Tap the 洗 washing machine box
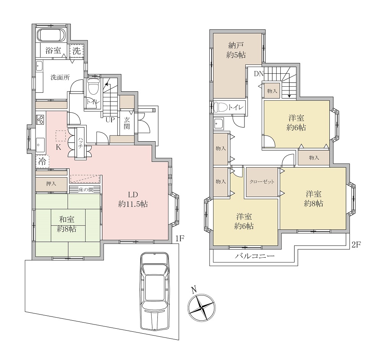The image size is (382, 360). [76, 51]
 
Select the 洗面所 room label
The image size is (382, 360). [60, 77]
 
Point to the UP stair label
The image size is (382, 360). [110, 120]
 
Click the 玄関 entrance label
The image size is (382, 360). [127, 123]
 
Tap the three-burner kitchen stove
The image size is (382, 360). [40, 119]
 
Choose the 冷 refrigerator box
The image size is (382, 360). [42, 161]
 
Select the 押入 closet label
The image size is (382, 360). [51, 184]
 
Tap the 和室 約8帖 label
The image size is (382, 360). [66, 224]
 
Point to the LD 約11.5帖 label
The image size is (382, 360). [133, 199]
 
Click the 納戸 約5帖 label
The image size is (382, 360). [236, 50]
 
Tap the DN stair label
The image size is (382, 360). [259, 74]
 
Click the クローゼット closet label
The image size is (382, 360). [262, 182]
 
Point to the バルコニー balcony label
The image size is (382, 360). [255, 256]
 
